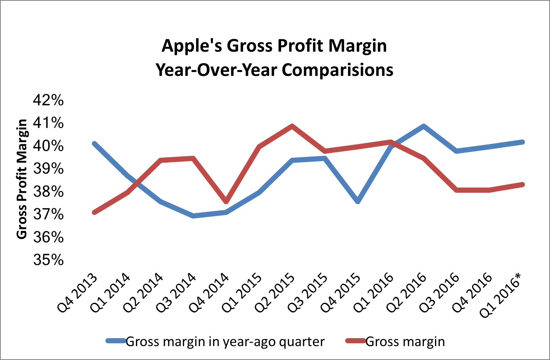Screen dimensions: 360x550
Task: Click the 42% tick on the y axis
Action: pyautogui.click(x=48, y=100)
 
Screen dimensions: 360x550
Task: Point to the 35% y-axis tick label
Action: pyautogui.click(x=48, y=260)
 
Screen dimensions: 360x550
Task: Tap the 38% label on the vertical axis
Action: pyautogui.click(x=48, y=192)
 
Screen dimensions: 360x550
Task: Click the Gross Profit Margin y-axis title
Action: pyautogui.click(x=22, y=179)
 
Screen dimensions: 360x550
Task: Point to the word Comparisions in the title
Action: pyautogui.click(x=338, y=70)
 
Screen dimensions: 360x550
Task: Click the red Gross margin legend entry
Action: pyautogui.click(x=405, y=342)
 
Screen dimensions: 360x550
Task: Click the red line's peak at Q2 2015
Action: pyautogui.click(x=292, y=126)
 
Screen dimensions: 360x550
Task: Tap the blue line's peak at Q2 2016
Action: pyautogui.click(x=424, y=126)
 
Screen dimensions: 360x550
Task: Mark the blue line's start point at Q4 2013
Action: pyautogui.click(x=94, y=143)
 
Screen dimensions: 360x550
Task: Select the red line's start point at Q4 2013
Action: pyautogui.click(x=94, y=213)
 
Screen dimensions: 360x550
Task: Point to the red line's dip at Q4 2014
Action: pyautogui.click(x=226, y=201)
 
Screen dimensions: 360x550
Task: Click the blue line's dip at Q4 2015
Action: pyautogui.click(x=358, y=201)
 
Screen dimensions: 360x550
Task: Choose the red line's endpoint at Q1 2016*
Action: pyautogui.click(x=523, y=184)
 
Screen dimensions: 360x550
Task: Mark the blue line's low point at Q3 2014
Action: pyautogui.click(x=193, y=216)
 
